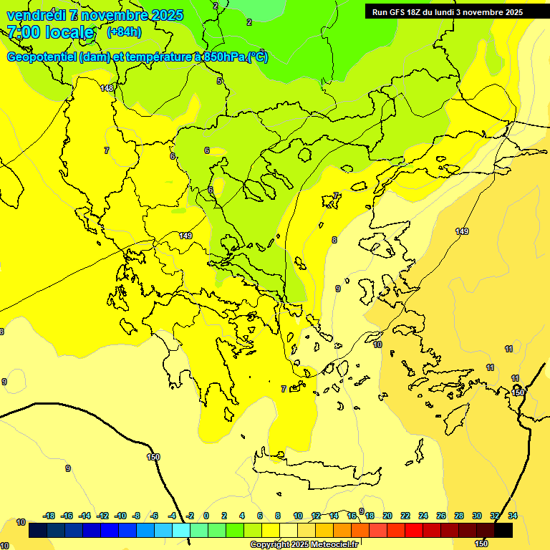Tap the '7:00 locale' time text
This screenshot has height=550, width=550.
tap(50, 32)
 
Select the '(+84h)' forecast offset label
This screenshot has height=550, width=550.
tap(124, 32)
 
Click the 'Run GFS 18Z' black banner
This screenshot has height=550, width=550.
tap(447, 11)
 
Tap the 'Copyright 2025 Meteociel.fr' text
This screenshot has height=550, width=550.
tap(304, 544)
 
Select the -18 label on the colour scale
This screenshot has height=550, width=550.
tap(49, 516)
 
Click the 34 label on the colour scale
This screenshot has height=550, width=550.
tap(512, 516)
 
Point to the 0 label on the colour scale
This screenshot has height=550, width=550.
tap(206, 516)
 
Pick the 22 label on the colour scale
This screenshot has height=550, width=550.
tap(405, 516)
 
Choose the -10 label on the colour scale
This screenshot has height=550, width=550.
tap(120, 516)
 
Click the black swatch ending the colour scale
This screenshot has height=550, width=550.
tap(503, 531)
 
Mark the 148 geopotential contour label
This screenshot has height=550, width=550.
tap(107, 88)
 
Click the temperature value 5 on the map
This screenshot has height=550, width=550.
tap(219, 81)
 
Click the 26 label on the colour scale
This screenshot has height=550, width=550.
tap(441, 516)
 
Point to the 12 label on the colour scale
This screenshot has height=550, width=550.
tap(316, 516)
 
